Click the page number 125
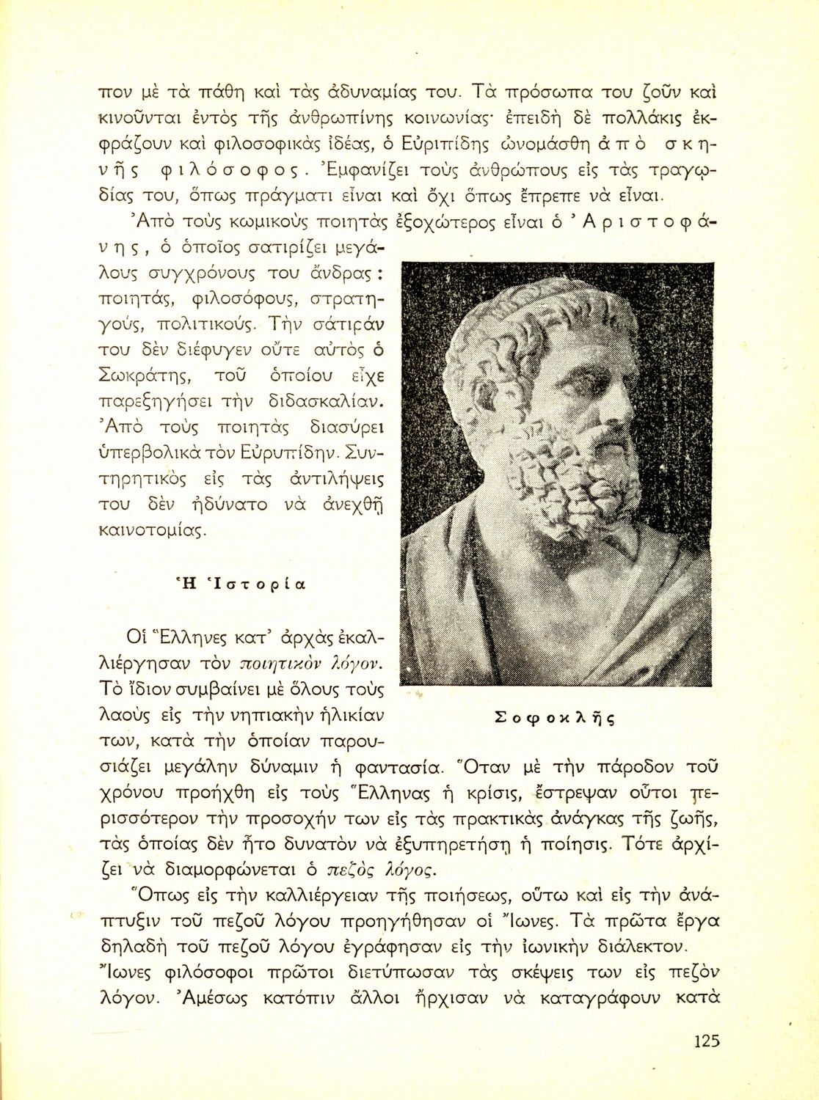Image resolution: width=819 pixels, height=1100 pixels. (706, 1040)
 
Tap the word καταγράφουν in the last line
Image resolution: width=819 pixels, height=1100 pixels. (625, 998)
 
